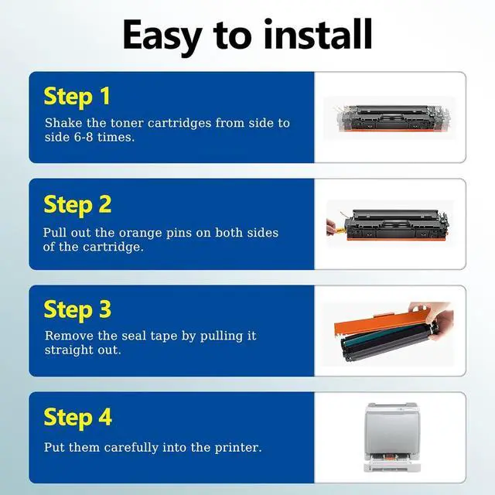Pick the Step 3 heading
click(x=77, y=311)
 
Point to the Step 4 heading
click(x=77, y=418)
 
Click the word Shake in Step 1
click(x=63, y=123)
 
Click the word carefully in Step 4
click(x=131, y=448)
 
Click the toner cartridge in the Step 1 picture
click(x=392, y=118)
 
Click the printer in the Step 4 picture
click(x=392, y=437)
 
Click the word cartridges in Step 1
click(x=179, y=123)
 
